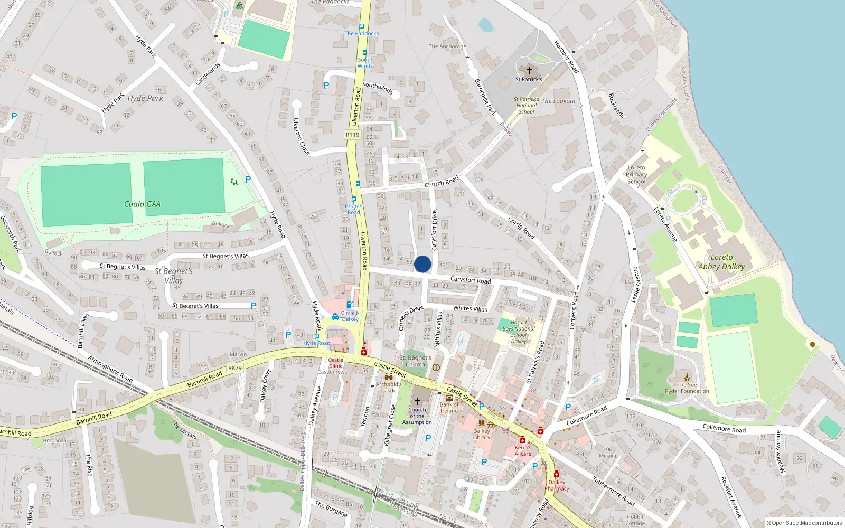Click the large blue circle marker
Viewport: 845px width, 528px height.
click(x=422, y=264)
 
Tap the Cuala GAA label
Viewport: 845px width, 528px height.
click(x=142, y=204)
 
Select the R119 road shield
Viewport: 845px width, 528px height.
click(x=352, y=135)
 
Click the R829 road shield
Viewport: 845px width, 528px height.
click(x=235, y=368)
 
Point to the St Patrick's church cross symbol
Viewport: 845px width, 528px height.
click(x=529, y=70)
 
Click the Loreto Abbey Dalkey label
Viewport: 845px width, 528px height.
click(x=721, y=262)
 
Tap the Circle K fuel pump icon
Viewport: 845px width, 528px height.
click(x=349, y=305)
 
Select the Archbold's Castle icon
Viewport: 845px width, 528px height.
click(x=389, y=377)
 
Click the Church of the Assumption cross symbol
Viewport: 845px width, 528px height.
click(x=417, y=401)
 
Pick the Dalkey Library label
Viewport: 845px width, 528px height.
click(x=482, y=434)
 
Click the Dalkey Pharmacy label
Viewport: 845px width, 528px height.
click(x=557, y=485)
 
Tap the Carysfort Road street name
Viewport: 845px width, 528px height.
click(x=470, y=280)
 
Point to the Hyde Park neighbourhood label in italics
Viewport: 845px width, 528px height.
click(x=145, y=98)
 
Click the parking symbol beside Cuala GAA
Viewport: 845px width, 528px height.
click(x=248, y=180)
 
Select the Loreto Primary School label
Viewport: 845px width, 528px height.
click(x=636, y=175)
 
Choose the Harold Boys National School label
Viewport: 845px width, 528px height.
click(x=519, y=332)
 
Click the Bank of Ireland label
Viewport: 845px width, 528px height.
click(x=449, y=408)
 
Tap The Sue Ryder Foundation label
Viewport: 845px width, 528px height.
click(x=687, y=388)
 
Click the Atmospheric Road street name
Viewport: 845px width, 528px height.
click(x=110, y=369)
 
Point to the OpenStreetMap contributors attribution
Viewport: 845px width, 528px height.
click(x=806, y=523)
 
